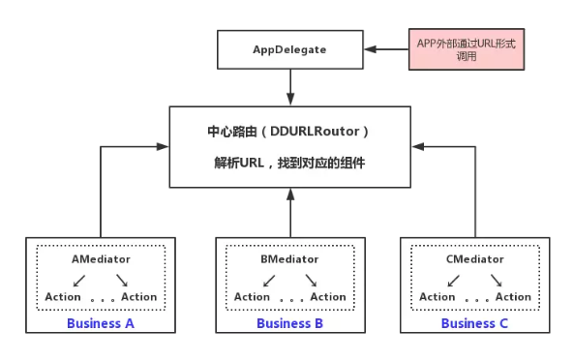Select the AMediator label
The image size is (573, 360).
pos(101,259)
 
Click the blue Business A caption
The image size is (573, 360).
pos(101,323)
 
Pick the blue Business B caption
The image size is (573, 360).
pos(289,323)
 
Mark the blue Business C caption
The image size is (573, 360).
pos(474,323)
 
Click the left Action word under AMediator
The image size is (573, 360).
pos(63,297)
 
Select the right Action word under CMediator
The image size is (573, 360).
pos(513,297)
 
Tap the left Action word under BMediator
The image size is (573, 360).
pos(252,297)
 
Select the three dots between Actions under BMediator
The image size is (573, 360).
pos(289,299)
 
